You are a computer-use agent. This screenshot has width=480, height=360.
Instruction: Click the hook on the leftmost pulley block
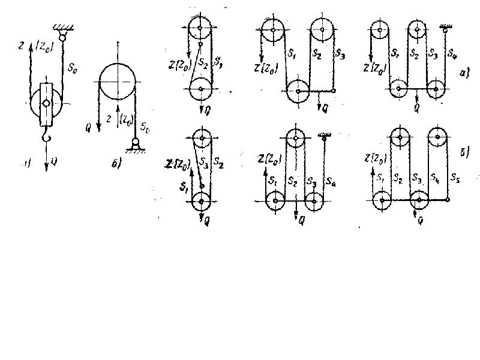point(46,141)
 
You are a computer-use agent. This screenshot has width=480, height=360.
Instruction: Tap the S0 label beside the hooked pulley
point(70,59)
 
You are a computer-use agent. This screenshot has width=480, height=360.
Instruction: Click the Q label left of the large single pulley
point(89,111)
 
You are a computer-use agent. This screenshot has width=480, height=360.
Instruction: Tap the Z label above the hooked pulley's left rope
point(22,44)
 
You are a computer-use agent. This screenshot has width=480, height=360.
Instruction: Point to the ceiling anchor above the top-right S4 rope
point(445,27)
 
